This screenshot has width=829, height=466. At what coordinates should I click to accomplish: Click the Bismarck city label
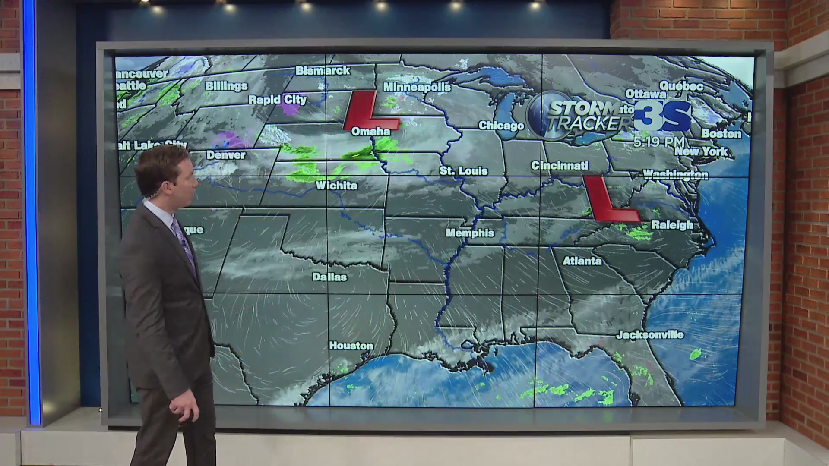pos(323,71)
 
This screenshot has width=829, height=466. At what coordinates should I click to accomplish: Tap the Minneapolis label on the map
pos(417,88)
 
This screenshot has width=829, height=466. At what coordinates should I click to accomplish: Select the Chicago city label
pos(501,126)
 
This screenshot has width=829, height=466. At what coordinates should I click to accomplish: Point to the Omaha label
pos(370,132)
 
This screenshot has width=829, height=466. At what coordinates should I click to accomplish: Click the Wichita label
pos(336,186)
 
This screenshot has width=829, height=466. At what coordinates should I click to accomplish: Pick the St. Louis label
pos(463,171)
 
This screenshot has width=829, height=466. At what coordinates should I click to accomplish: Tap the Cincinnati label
pos(560,165)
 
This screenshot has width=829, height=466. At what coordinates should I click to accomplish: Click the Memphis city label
pos(470,233)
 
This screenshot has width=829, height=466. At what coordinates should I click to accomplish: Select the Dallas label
pos(329,277)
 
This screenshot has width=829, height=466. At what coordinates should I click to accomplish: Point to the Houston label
pos(351,346)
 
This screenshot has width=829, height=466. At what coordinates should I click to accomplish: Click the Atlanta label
pos(582,261)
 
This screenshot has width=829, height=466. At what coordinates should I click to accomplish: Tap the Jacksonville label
pos(650,335)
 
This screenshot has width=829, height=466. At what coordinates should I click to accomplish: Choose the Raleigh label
pos(672,225)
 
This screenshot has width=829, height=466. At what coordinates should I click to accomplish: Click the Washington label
pos(675,175)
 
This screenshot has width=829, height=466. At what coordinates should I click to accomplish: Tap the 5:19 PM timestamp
pos(659,142)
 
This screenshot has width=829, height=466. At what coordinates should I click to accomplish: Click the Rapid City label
pos(277,100)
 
